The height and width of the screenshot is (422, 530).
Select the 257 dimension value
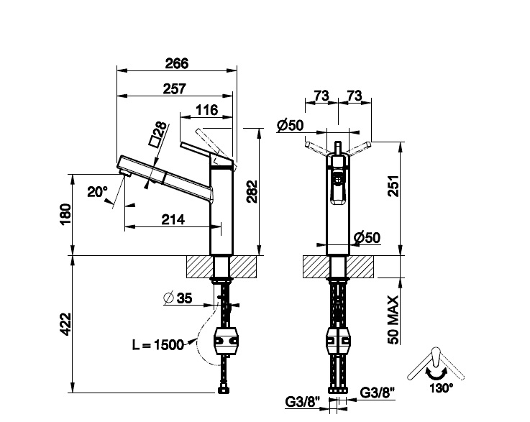173,88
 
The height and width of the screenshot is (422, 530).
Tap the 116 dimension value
206,110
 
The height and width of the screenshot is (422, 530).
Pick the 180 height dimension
64,214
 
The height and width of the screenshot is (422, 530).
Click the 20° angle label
97,192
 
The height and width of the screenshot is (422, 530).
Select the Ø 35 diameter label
178,298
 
